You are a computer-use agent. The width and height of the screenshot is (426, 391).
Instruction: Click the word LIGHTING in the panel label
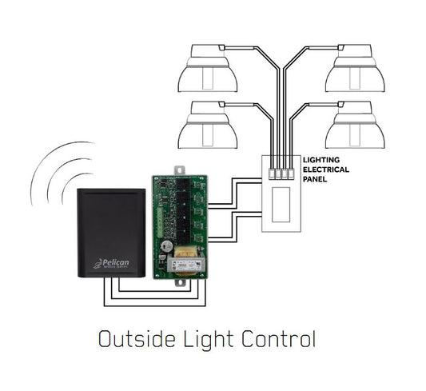[322, 160]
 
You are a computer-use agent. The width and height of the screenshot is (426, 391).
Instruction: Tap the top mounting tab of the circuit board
[181, 170]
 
